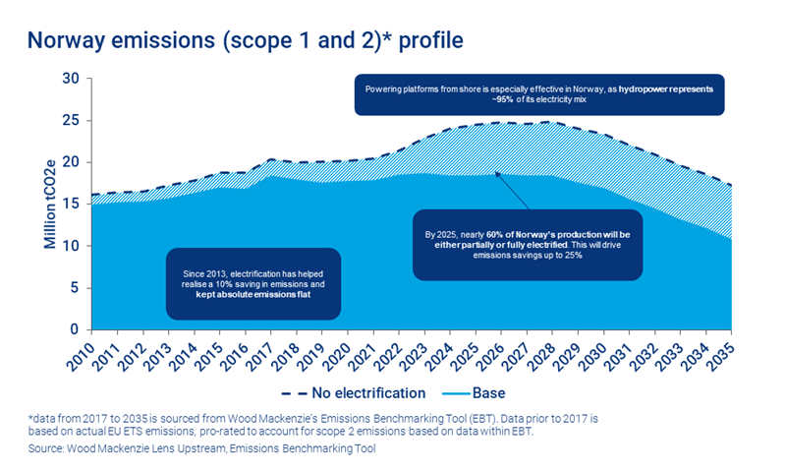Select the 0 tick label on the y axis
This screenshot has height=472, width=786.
[x=74, y=329]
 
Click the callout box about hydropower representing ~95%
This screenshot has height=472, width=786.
[x=538, y=94]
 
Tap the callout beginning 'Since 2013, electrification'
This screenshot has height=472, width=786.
[x=253, y=282]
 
